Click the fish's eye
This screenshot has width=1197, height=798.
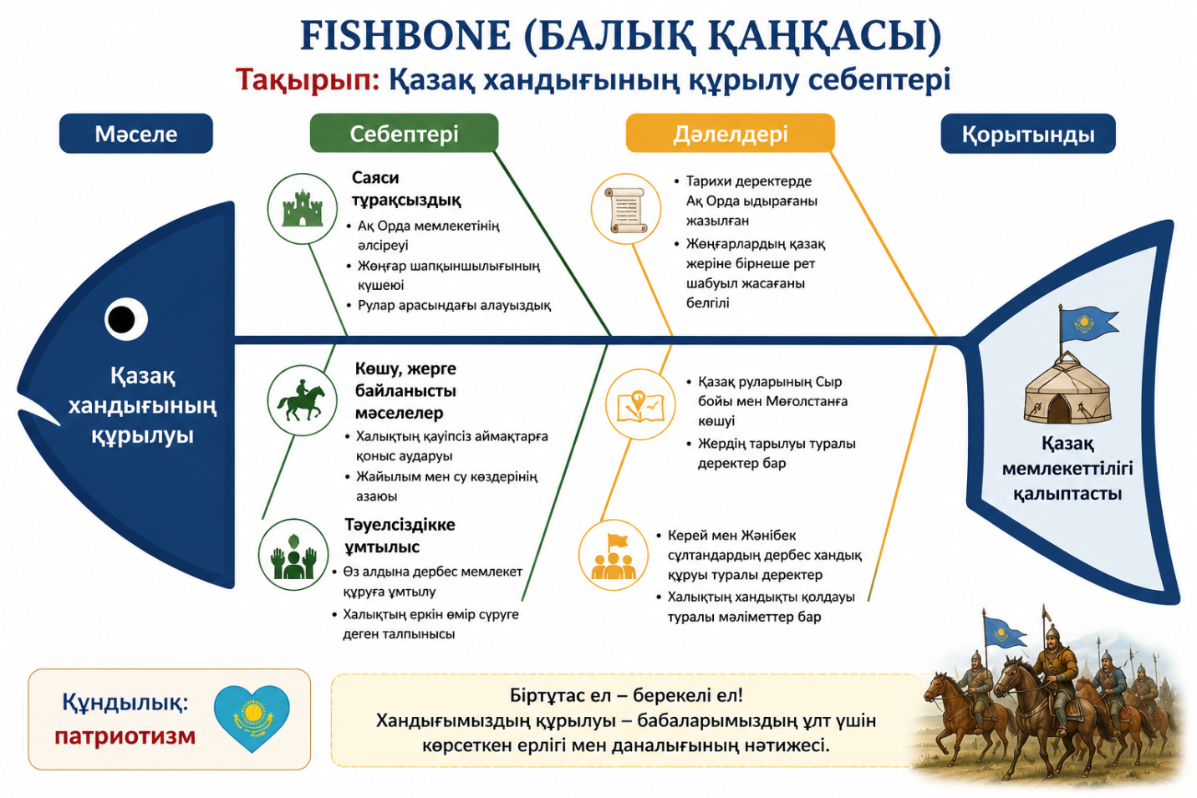point(125,319)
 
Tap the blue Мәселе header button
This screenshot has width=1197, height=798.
point(135,134)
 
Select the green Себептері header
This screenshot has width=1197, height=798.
point(404,133)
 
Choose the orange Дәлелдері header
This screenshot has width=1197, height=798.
point(730,133)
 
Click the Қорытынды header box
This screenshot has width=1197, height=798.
point(1028,134)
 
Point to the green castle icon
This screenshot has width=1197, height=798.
point(303,208)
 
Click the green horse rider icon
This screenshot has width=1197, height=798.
point(302,400)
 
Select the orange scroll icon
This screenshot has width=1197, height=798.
point(626,209)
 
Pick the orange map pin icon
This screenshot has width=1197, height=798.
point(640,404)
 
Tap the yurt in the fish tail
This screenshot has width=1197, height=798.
point(1067,389)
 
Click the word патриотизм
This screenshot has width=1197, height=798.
point(125,735)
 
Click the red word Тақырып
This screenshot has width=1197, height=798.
point(308,80)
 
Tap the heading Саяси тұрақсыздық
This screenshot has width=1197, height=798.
point(406,189)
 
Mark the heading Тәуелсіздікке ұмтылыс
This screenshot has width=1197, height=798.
point(400,536)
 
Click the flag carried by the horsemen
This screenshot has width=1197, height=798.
point(1004,632)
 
